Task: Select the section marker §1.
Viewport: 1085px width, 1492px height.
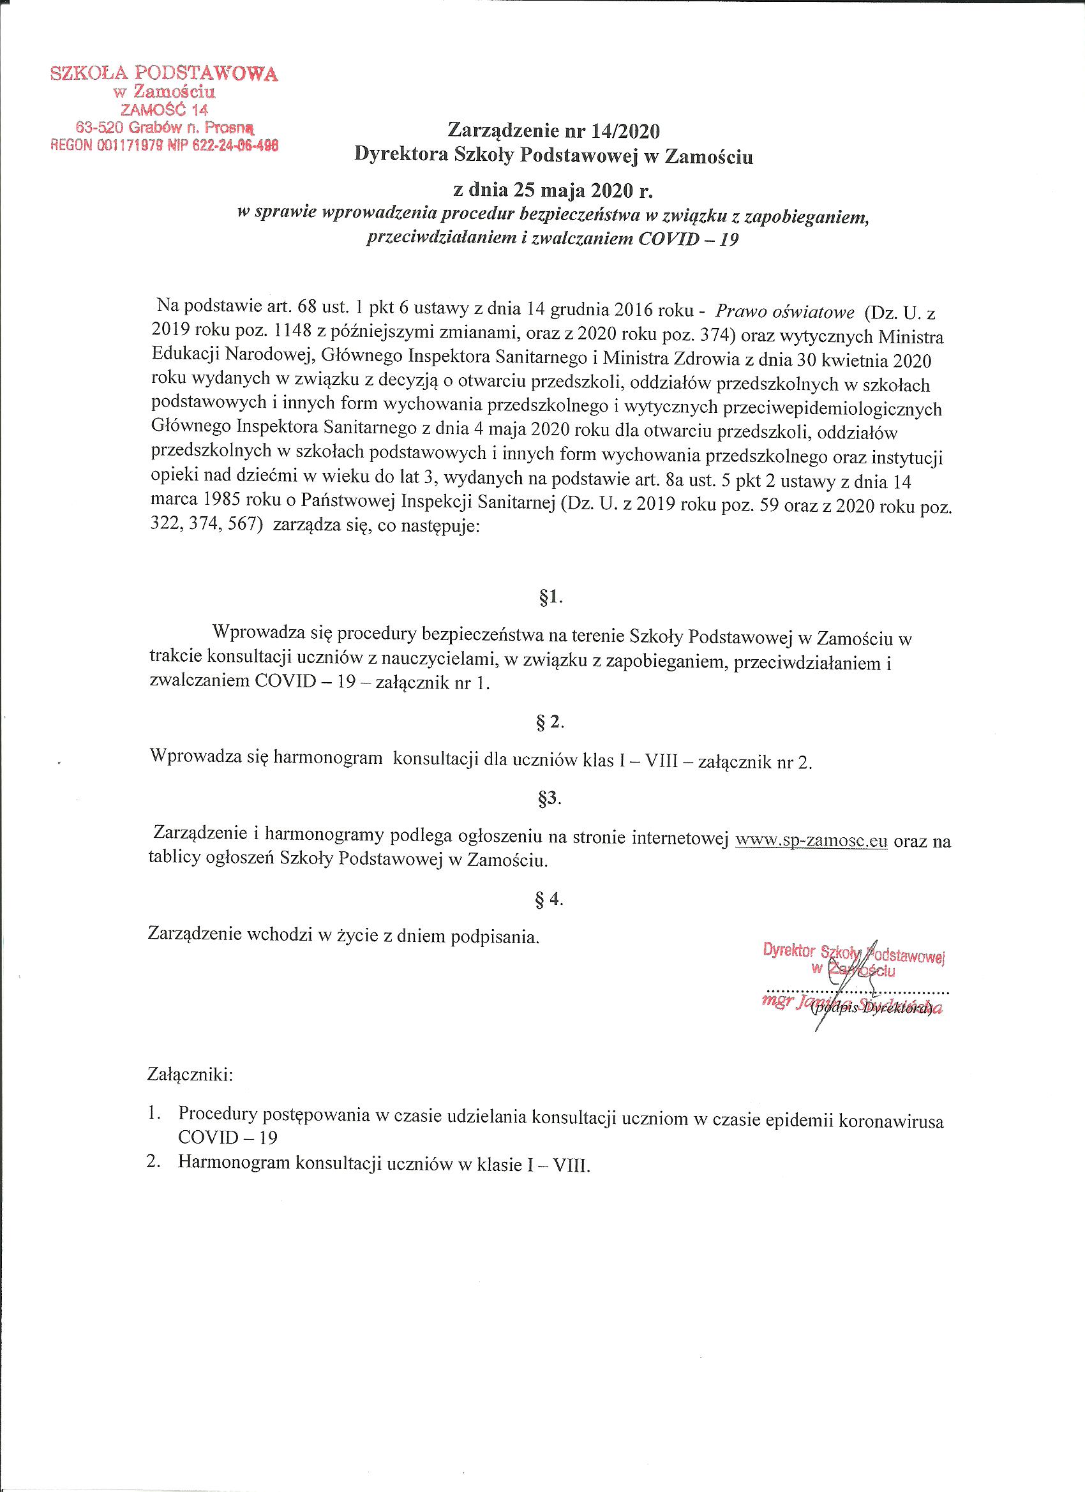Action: (x=551, y=597)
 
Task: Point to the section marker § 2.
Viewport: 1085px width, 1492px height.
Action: (x=551, y=722)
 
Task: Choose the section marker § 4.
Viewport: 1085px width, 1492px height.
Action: (x=551, y=900)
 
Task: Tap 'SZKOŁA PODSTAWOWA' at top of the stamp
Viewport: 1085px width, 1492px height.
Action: (x=165, y=73)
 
